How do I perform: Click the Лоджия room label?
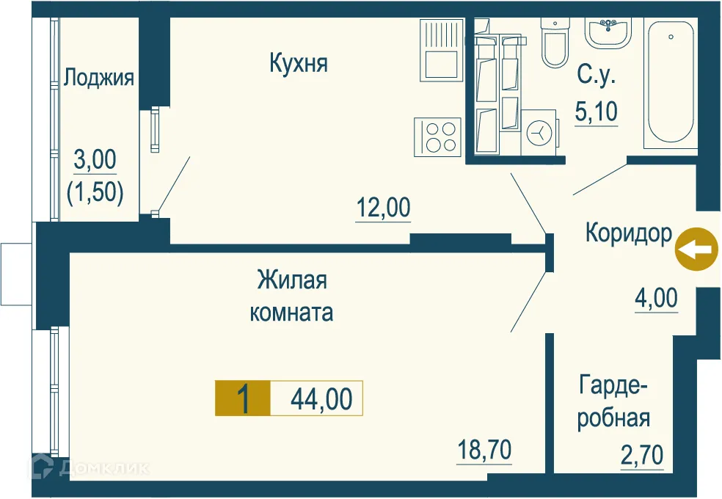tap(99, 78)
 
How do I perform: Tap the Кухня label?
tap(298, 64)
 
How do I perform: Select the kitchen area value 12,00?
tap(383, 208)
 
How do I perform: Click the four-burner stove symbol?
tap(437, 136)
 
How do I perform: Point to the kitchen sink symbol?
tap(442, 51)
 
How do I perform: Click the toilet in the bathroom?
tap(555, 43)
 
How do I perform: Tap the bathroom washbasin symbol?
tap(607, 32)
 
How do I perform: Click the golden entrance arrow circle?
tap(695, 249)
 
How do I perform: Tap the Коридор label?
tap(628, 234)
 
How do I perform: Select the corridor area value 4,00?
tap(656, 299)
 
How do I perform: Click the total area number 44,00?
tap(321, 399)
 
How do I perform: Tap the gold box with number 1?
tap(242, 399)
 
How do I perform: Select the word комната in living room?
tap(291, 313)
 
